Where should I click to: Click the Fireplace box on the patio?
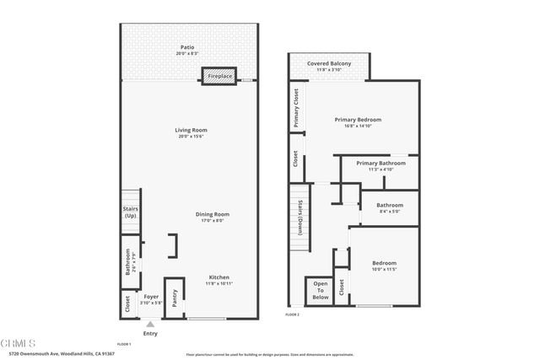[x=218, y=77]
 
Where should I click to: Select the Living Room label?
[x=191, y=130]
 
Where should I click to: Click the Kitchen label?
[x=219, y=277]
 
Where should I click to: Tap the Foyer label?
[x=150, y=297]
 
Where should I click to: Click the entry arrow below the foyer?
[x=150, y=324]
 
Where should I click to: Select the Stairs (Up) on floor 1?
[x=131, y=212]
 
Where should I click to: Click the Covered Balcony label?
[x=328, y=63]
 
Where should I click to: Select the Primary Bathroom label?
[x=381, y=163]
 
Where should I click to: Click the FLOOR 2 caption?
[x=292, y=314]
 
